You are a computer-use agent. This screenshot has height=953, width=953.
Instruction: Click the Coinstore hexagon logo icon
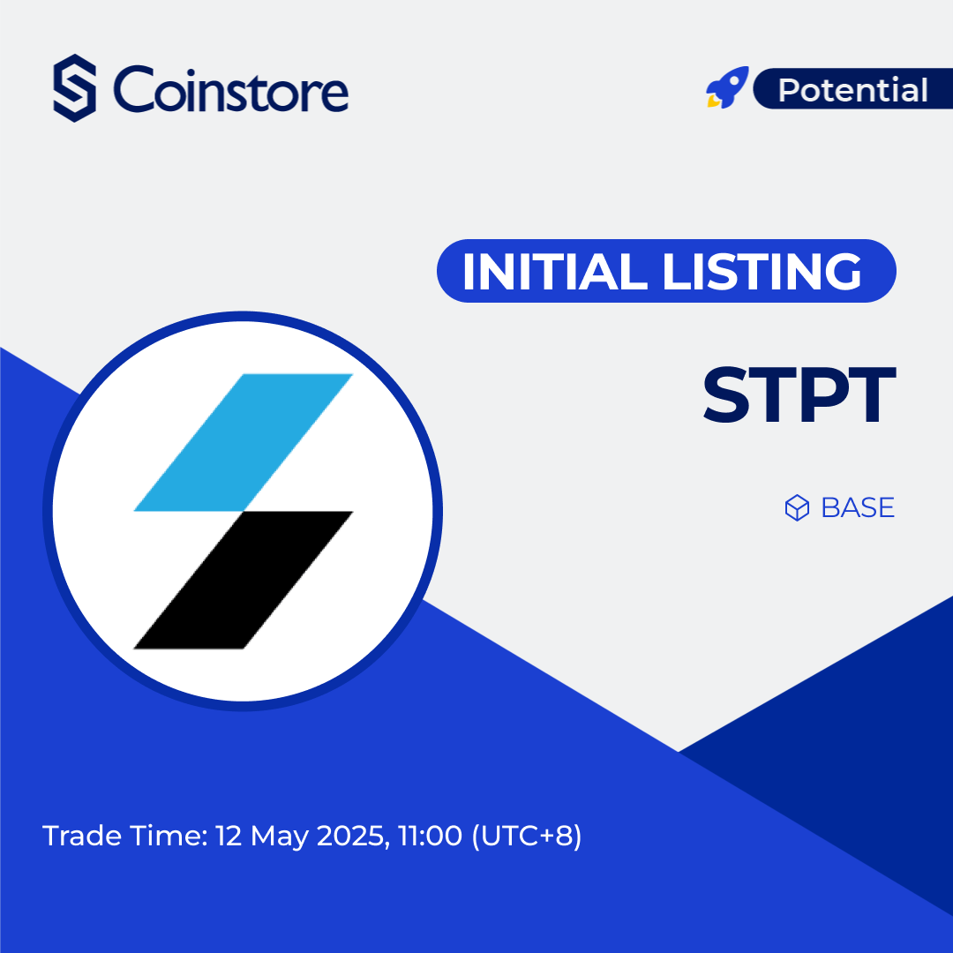(x=74, y=87)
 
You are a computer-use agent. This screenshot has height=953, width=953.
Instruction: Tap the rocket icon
(x=727, y=88)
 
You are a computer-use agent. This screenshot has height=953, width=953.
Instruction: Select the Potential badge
(x=852, y=90)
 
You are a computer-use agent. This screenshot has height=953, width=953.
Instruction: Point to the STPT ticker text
(x=799, y=397)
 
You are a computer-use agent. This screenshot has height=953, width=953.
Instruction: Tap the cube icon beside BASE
(x=797, y=508)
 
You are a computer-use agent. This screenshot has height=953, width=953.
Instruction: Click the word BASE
(x=858, y=508)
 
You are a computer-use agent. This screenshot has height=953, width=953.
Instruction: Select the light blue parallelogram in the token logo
(x=244, y=441)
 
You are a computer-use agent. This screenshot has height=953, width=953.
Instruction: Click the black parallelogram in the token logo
(x=244, y=580)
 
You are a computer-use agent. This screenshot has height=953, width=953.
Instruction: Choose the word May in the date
(x=275, y=837)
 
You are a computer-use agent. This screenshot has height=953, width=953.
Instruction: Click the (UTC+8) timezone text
(x=528, y=836)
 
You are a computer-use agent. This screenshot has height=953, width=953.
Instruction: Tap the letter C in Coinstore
(x=133, y=90)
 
